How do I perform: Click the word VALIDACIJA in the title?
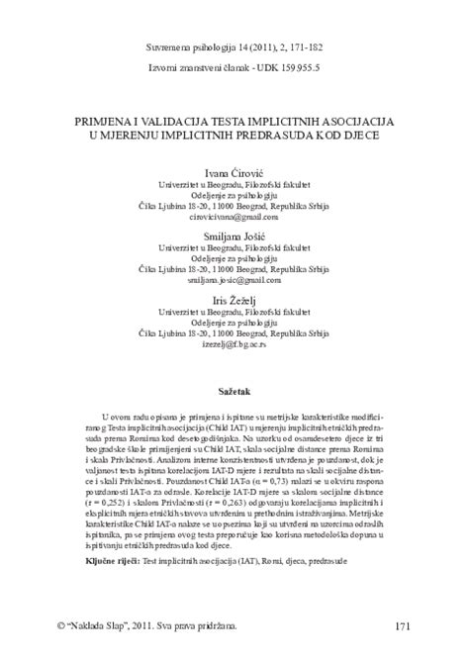(x=174, y=119)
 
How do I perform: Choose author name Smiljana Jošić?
(x=234, y=236)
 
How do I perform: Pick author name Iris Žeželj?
(x=234, y=301)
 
